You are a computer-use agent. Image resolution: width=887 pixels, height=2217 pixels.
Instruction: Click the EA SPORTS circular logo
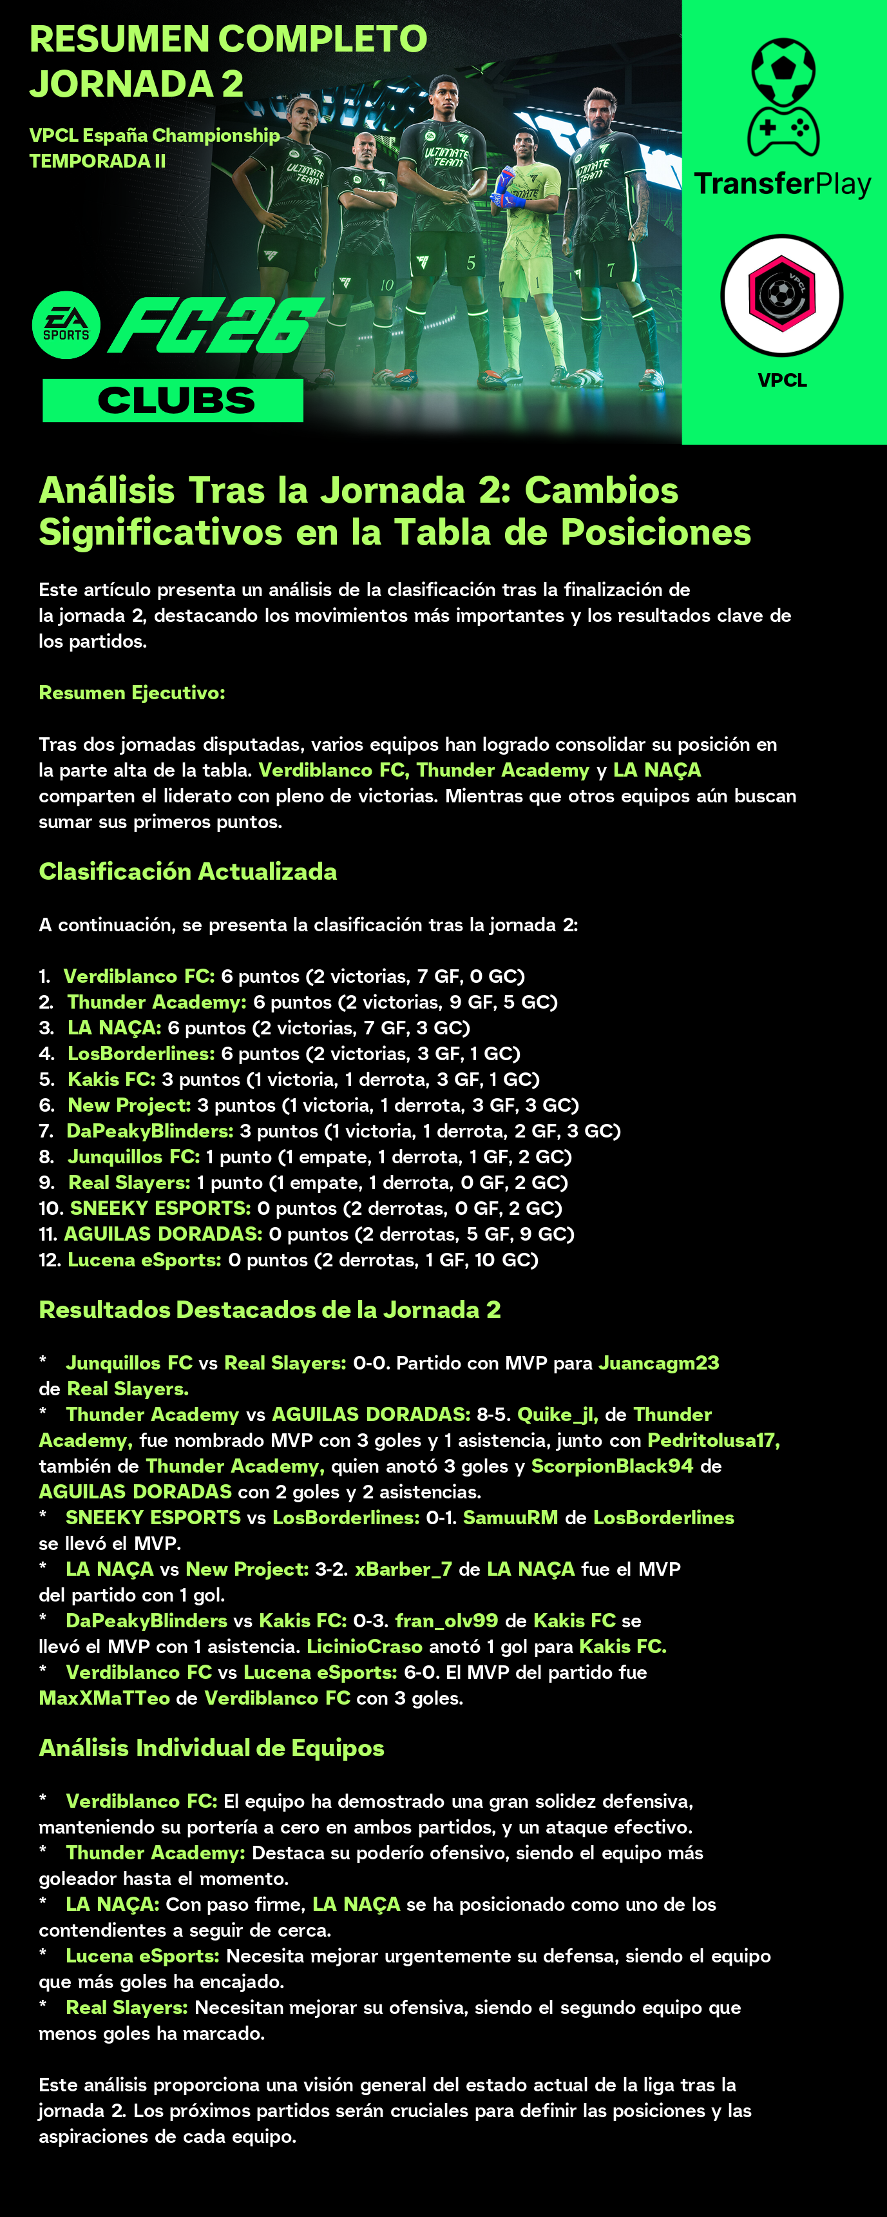coord(66,325)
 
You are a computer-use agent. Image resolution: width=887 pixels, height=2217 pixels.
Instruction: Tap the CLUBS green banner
coord(173,400)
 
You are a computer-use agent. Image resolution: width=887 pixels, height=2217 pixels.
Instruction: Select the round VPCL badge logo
coord(781,295)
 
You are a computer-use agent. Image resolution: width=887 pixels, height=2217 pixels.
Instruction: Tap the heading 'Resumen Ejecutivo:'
coord(131,693)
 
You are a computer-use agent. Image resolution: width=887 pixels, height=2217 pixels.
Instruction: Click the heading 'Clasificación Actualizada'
coord(187,872)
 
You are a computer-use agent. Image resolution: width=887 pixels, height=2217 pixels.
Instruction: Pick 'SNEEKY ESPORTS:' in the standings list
coord(160,1208)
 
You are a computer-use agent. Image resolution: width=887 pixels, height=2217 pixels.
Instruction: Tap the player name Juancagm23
coord(659,1363)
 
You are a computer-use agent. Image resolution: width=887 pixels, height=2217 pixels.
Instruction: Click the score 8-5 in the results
coord(491,1415)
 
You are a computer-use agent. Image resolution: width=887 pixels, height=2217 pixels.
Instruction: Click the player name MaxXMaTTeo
coord(104,1699)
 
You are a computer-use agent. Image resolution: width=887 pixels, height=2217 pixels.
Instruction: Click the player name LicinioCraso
coord(365,1647)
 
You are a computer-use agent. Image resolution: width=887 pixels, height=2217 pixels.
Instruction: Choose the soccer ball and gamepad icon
coord(783,97)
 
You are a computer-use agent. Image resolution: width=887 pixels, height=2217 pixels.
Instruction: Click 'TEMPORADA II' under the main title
coord(97,161)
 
